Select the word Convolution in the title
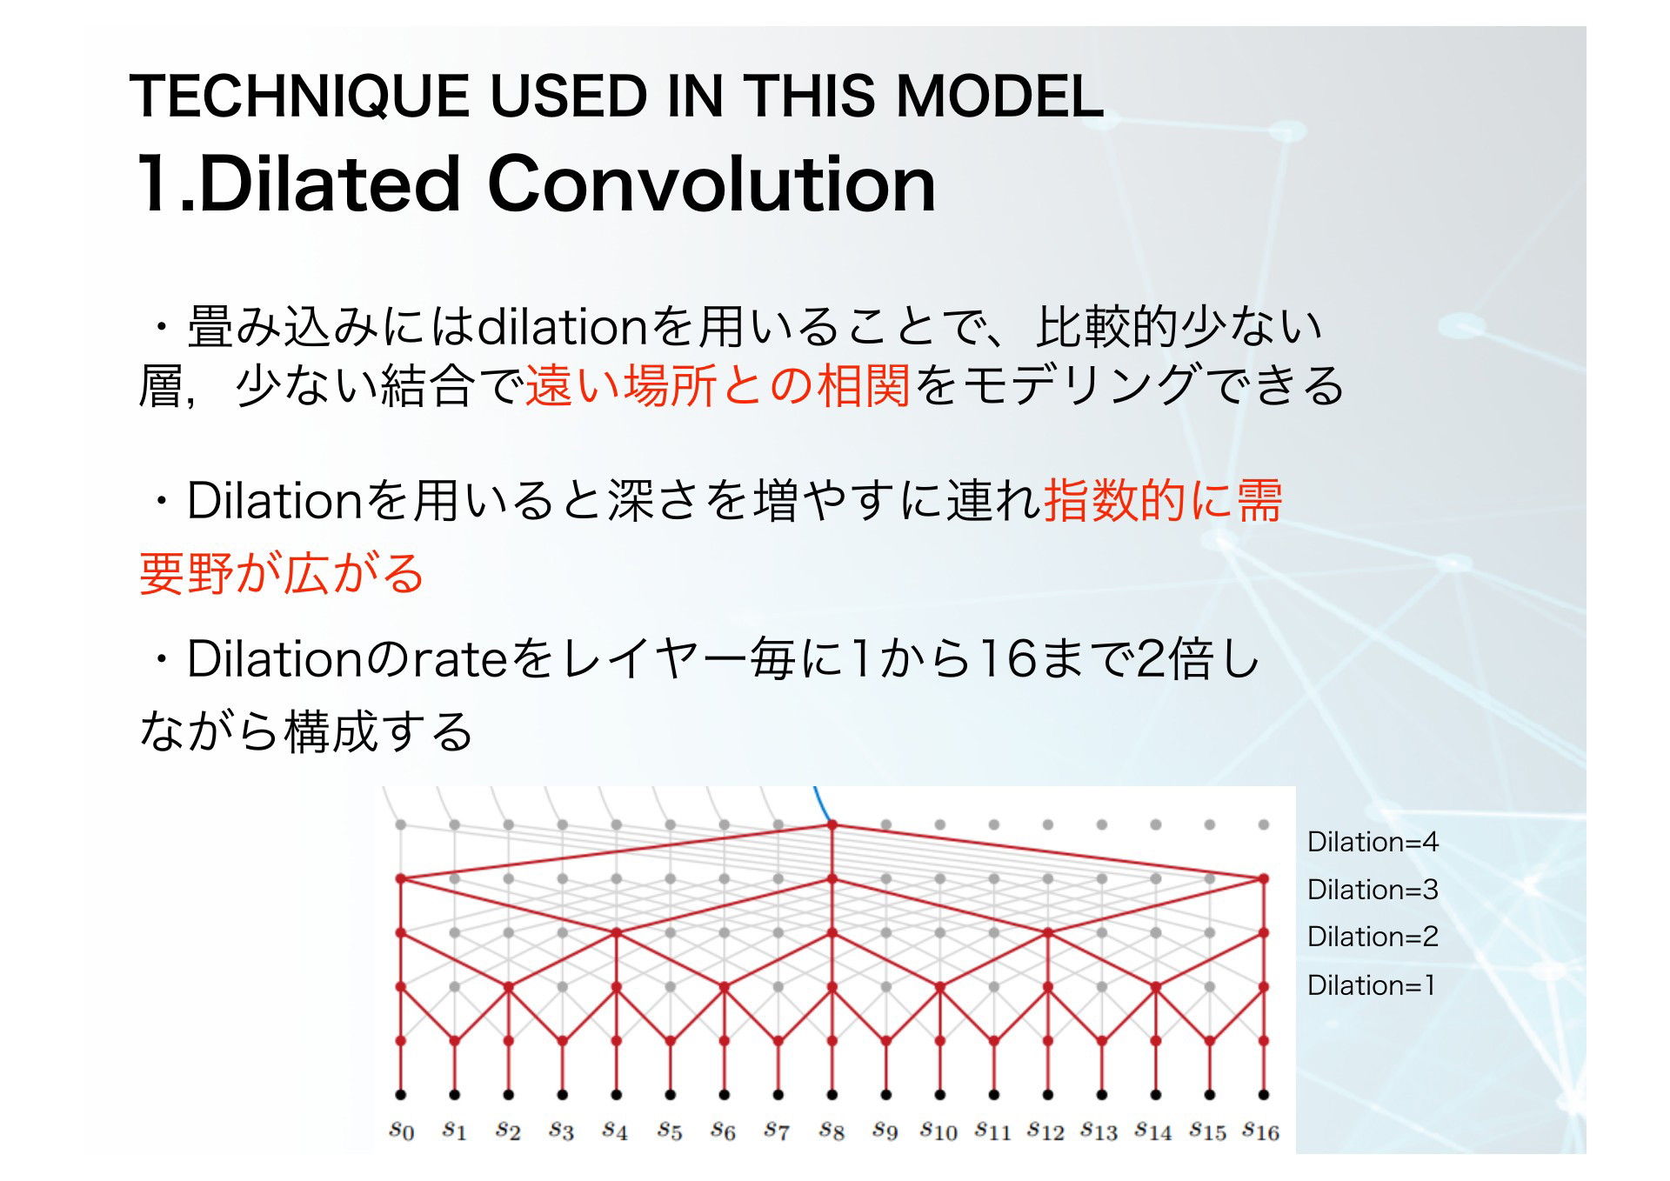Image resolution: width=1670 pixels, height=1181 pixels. coord(711,183)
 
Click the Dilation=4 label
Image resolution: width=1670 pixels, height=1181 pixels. coord(1373,841)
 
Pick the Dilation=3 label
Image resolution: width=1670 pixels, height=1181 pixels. coord(1373,889)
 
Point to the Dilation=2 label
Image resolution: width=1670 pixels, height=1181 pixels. coord(1373,936)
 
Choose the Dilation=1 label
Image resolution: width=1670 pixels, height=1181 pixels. coord(1371,984)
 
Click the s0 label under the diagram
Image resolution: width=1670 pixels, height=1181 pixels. coord(401,1131)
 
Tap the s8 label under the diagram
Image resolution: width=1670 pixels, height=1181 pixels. coord(832,1131)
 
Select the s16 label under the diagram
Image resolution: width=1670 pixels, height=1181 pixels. coord(1260,1131)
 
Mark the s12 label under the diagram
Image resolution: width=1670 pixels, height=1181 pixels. coord(1045,1131)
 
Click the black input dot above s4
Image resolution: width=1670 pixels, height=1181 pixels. coord(617,1094)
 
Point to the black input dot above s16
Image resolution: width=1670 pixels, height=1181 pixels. coord(1264,1094)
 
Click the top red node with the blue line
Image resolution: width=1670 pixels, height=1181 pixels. coord(832,824)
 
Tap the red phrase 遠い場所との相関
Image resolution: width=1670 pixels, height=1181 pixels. coord(718,385)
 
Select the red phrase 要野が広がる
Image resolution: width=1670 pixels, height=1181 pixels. coord(282,573)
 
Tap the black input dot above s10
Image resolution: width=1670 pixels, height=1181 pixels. coord(940,1094)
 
